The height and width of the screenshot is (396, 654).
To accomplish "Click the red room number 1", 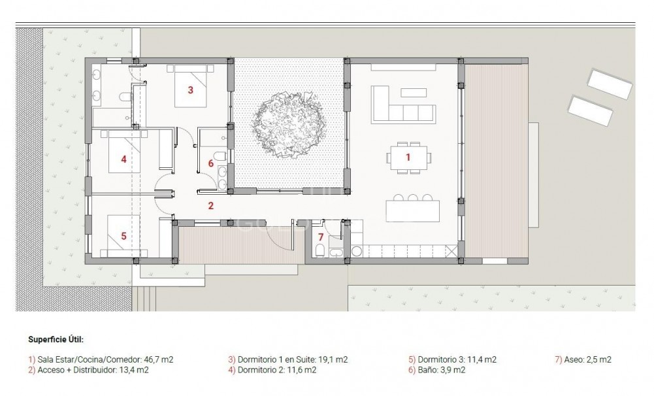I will tap(408, 157).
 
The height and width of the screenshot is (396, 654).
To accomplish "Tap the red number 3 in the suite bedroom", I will tap(190, 90).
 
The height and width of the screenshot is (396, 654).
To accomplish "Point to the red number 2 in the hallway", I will tap(210, 206).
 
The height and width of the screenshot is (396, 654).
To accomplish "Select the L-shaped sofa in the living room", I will tap(399, 105).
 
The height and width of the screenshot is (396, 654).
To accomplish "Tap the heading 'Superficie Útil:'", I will tap(56, 340).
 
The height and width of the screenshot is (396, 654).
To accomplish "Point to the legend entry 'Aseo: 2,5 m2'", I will tap(583, 360).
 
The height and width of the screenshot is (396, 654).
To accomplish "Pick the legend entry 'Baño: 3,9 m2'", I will tap(436, 371).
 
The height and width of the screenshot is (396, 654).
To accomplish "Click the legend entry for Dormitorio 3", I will tap(451, 360).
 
